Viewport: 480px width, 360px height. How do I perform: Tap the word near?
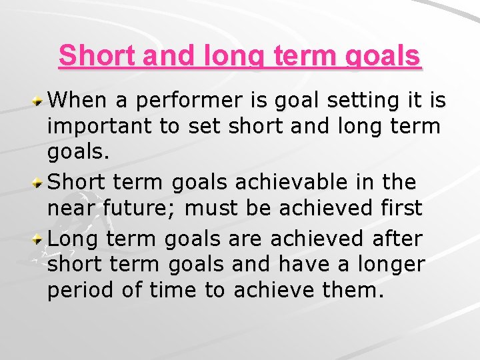click(x=71, y=209)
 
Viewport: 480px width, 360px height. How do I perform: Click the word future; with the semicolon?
click(x=141, y=209)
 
